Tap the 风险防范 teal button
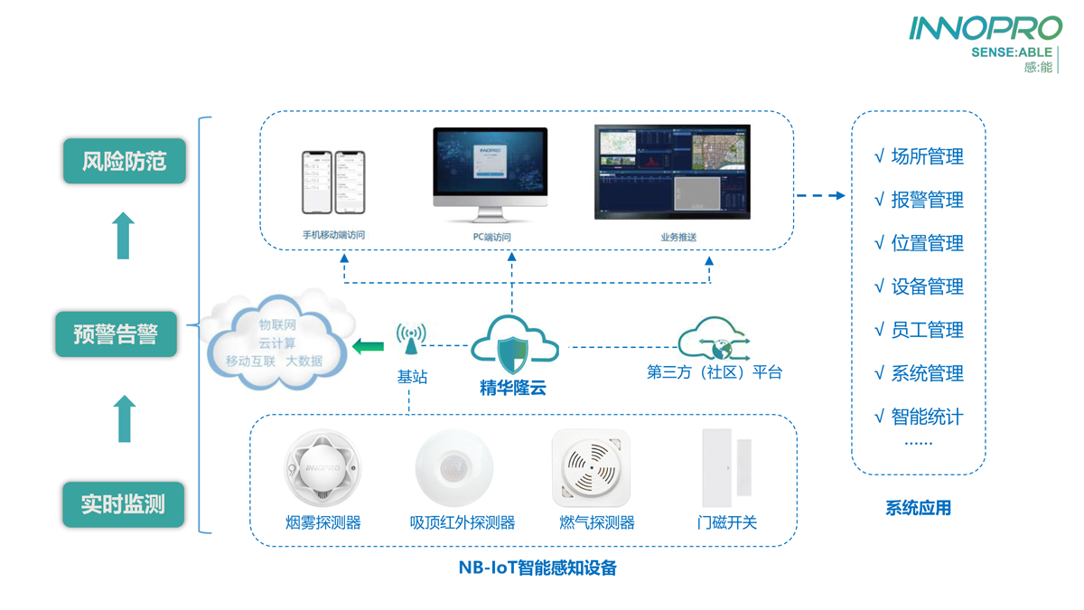point(125,162)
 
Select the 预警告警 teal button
point(116,335)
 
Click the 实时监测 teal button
point(123,504)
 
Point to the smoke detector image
point(322,468)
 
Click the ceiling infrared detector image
point(454,468)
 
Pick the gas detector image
point(591,468)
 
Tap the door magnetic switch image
point(726,468)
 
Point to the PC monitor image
point(490,174)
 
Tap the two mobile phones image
point(333,183)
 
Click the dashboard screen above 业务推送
point(672,173)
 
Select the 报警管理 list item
point(920,200)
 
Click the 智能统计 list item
point(920,417)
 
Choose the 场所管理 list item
point(920,156)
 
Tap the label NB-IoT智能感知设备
point(537,568)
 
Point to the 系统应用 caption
point(918,508)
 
